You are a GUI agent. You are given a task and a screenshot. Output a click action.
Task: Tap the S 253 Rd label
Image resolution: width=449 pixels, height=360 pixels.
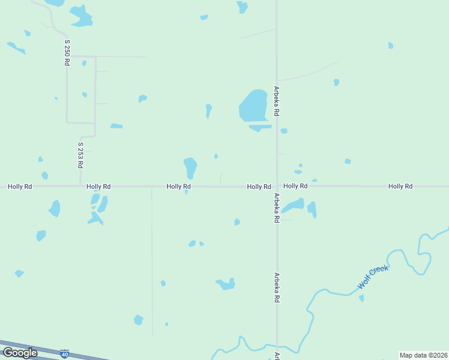80,155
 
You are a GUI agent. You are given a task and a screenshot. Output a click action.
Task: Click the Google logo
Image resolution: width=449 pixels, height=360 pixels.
20,352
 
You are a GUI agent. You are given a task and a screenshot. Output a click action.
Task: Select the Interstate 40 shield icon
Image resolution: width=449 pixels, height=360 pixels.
65,353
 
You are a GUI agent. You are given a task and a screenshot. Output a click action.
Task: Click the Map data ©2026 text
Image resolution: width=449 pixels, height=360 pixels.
423,355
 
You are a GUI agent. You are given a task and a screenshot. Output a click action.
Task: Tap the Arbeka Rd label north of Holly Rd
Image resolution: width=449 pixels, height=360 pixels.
277,100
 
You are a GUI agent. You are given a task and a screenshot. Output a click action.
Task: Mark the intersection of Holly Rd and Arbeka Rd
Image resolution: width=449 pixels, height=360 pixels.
277,186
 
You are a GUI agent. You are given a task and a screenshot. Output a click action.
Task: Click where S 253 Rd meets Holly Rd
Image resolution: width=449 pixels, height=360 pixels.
80,186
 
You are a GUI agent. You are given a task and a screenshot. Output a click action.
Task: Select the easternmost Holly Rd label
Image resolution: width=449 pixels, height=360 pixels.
400,187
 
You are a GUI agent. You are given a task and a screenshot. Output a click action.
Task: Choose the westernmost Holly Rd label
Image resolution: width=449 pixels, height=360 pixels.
20,187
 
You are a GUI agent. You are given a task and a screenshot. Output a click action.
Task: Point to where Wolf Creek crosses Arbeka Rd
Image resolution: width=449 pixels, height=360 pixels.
277,346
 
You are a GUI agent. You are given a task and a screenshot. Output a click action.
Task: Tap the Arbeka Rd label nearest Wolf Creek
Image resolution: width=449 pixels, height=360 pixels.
277,287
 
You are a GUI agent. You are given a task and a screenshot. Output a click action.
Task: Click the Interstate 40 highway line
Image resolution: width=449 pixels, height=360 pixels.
36,350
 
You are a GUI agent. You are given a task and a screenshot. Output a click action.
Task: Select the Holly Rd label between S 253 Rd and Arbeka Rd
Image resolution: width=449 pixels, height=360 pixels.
178,187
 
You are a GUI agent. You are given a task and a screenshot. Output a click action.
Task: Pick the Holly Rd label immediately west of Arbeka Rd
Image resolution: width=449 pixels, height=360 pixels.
259,187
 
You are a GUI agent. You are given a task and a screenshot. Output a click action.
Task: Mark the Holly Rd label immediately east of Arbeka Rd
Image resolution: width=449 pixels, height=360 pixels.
295,187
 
